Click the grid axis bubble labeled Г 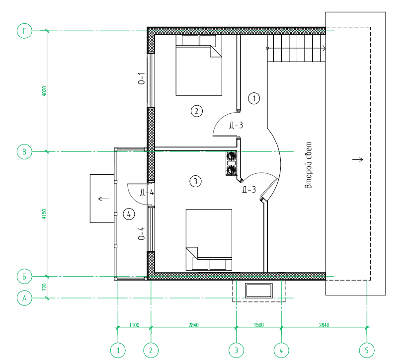pyautogui.click(x=24, y=31)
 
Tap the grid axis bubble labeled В pyautogui.click(x=24, y=152)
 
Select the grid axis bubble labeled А pyautogui.click(x=24, y=298)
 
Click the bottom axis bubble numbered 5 pyautogui.click(x=367, y=351)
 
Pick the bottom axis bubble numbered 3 pyautogui.click(x=236, y=351)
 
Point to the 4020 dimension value pyautogui.click(x=44, y=91)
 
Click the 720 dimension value pyautogui.click(x=44, y=287)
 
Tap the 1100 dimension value pyautogui.click(x=134, y=325)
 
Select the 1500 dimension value pyautogui.click(x=258, y=325)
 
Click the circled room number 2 pyautogui.click(x=197, y=111)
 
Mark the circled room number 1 pyautogui.click(x=254, y=98)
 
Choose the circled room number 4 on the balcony pyautogui.click(x=129, y=214)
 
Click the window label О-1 pyautogui.click(x=142, y=78)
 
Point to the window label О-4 pyautogui.click(x=142, y=233)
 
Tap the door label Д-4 pyautogui.click(x=147, y=192)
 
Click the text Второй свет pyautogui.click(x=308, y=165)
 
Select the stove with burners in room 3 pyautogui.click(x=231, y=163)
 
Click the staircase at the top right pyautogui.click(x=296, y=48)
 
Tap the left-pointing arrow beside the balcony pyautogui.click(x=104, y=199)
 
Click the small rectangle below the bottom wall pyautogui.click(x=258, y=290)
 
